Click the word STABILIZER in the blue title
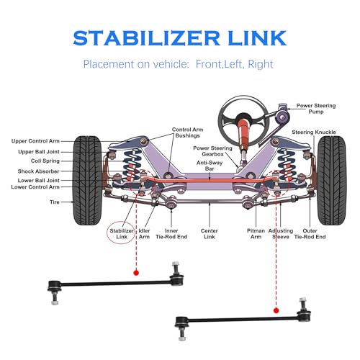click(146, 38)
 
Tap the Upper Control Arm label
click(35, 141)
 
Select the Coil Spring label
click(45, 161)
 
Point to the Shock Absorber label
click(38, 171)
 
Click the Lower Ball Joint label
click(38, 180)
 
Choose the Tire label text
click(55, 202)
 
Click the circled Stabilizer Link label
click(122, 234)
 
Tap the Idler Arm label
click(144, 234)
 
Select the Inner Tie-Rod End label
click(171, 234)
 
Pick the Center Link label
click(210, 234)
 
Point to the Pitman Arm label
click(256, 234)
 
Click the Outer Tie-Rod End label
click(310, 234)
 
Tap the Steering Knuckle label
click(314, 132)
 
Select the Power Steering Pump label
click(316, 109)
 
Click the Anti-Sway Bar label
click(210, 166)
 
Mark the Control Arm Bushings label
click(187, 132)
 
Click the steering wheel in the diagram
click(243, 120)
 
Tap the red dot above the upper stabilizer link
click(136, 273)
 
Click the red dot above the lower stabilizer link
click(276, 310)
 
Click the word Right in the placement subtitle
click(261, 64)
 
